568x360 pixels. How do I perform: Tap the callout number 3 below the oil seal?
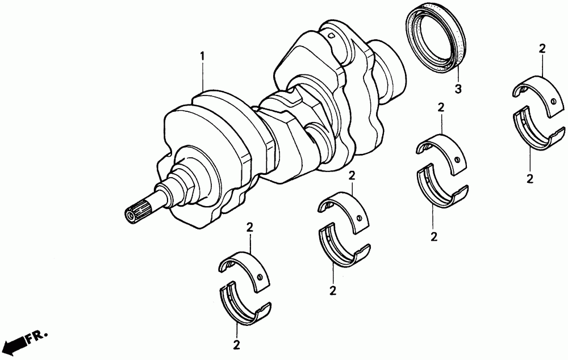click(x=458, y=89)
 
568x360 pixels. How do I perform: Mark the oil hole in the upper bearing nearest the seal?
click(x=553, y=103)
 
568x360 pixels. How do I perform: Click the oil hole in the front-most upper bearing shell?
click(x=260, y=277)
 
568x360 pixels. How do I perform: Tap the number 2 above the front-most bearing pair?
click(x=249, y=228)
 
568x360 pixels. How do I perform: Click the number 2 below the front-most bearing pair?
click(x=235, y=344)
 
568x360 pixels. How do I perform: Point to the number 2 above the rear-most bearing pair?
click(x=542, y=49)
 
